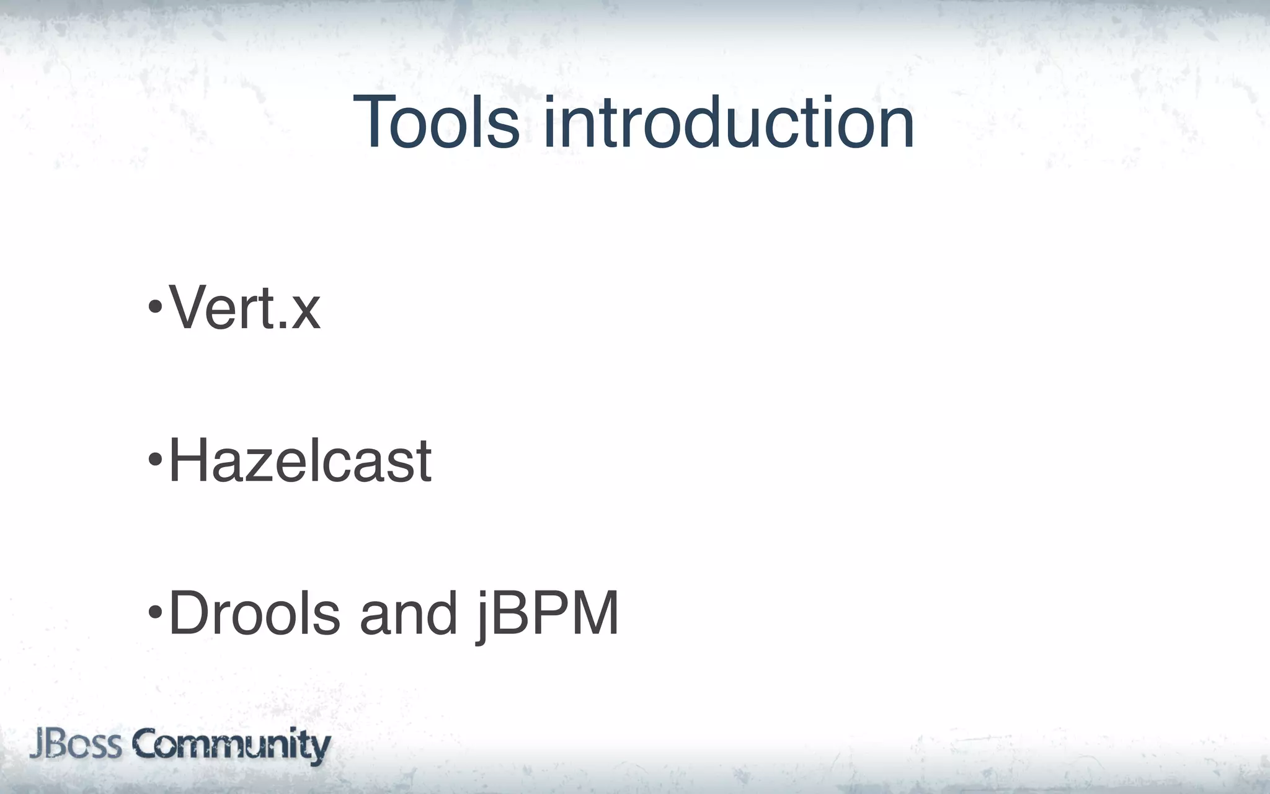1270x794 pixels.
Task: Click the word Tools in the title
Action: tap(436, 122)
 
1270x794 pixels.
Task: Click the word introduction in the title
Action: tap(729, 122)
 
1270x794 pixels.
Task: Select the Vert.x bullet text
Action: tap(244, 307)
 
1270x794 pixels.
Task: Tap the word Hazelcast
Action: tap(300, 461)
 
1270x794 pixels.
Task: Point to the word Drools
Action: tap(254, 613)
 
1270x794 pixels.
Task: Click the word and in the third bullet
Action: tap(408, 613)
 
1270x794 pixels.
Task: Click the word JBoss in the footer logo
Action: tap(76, 744)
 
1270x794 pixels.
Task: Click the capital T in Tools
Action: tap(376, 122)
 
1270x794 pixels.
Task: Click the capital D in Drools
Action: tap(189, 613)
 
